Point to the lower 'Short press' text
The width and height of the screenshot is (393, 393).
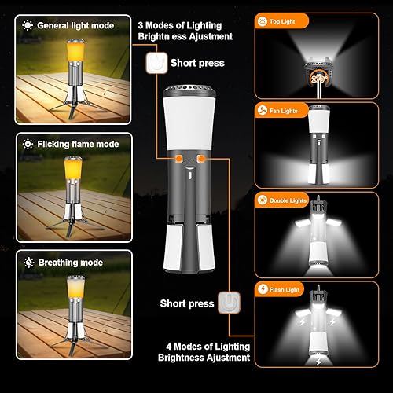186,303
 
